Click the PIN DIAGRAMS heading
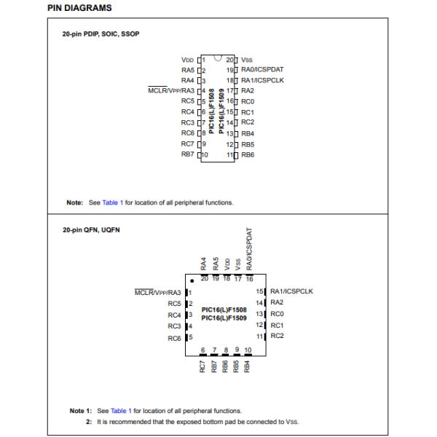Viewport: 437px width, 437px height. (x=79, y=8)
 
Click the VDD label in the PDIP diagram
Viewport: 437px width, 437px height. (x=187, y=59)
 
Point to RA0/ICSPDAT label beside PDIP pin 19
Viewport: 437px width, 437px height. (x=261, y=69)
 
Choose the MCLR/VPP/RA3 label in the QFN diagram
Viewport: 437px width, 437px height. (x=158, y=292)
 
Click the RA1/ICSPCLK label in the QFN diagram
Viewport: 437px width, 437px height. (x=291, y=291)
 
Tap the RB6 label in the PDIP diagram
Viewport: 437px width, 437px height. (x=248, y=154)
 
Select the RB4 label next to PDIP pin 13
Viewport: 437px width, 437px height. (x=248, y=133)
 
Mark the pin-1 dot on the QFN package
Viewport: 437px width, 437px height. (x=191, y=280)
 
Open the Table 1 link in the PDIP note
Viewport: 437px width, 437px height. (x=113, y=202)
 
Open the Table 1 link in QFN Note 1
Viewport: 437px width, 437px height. (x=121, y=411)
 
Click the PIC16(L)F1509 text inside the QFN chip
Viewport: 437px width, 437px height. (x=224, y=318)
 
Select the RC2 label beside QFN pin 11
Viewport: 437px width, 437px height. (x=277, y=336)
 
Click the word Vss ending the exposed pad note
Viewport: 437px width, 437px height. (x=293, y=421)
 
